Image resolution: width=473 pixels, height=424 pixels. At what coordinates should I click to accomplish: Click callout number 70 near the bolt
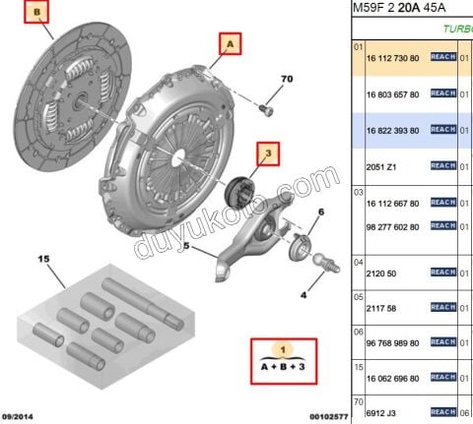(287, 78)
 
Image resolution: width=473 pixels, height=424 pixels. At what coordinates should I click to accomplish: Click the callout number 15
(43, 259)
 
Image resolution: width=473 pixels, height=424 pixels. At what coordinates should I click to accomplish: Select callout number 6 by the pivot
(320, 212)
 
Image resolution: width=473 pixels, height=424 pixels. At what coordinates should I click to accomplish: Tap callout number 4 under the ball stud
(303, 294)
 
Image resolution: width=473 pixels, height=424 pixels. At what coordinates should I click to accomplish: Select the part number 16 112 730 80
(392, 58)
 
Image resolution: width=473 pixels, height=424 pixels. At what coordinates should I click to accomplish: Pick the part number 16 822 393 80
(392, 129)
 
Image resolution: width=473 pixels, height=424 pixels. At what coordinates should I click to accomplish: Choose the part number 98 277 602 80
(392, 225)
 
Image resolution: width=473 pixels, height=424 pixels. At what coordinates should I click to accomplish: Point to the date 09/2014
(20, 416)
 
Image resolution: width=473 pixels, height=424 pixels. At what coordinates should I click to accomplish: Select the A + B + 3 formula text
(283, 365)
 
